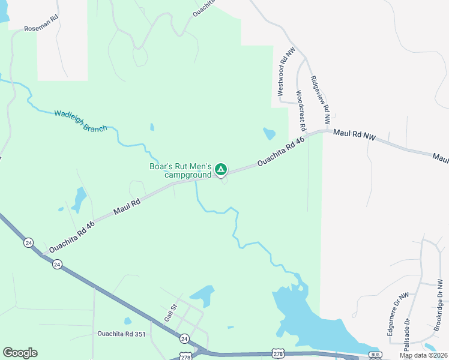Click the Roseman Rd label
click(x=41, y=28)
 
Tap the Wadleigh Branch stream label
click(x=80, y=120)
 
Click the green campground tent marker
click(x=221, y=170)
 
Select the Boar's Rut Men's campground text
click(x=180, y=170)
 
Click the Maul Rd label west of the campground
click(x=127, y=207)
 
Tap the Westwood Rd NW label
click(x=286, y=73)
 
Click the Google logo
click(x=20, y=353)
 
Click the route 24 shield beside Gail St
click(x=184, y=338)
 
